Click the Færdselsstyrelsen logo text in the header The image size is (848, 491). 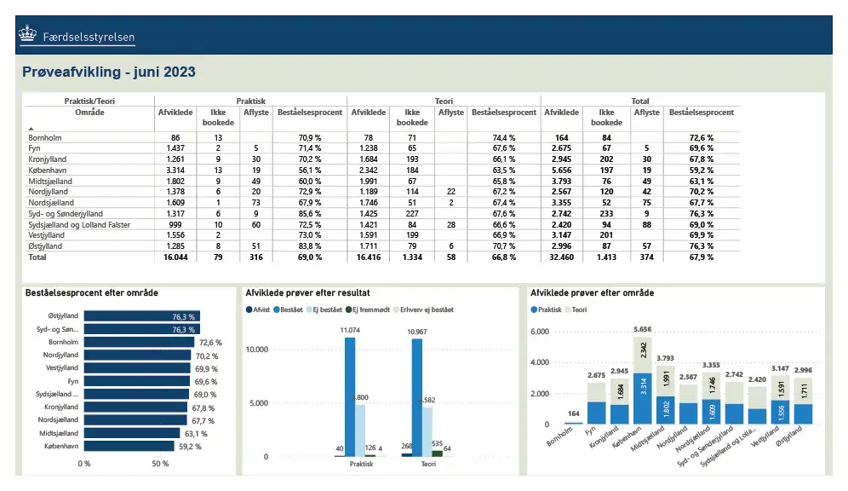pos(88,37)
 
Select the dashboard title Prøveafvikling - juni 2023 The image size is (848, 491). pos(109,72)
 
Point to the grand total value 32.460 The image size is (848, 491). pos(562,257)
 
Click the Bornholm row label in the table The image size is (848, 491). pos(44,137)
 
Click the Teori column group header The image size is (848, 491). pos(444,101)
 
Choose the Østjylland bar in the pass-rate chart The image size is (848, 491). pos(141,316)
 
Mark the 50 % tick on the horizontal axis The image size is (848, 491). pos(160,464)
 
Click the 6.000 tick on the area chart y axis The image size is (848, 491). pos(541,332)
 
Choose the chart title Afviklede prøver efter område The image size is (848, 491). pos(592,292)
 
